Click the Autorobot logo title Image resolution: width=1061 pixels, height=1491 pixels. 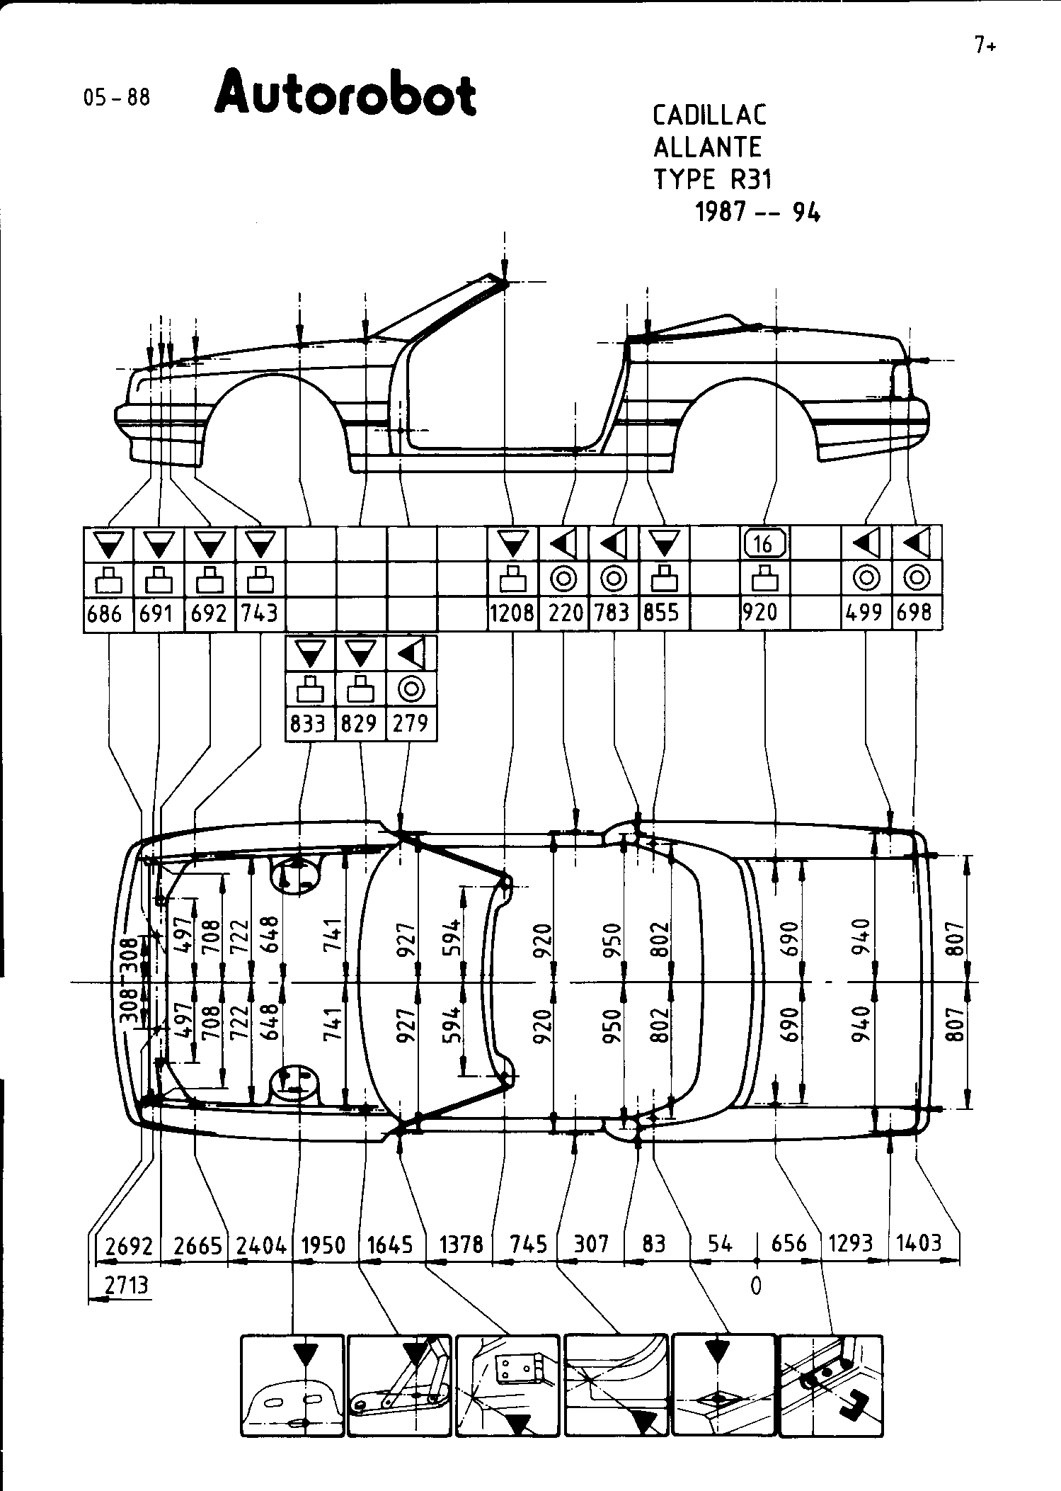coord(345,93)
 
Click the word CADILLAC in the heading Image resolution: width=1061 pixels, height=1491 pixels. coord(710,115)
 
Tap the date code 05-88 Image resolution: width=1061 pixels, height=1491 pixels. coord(117,97)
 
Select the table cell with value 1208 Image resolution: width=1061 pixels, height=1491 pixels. coord(512,613)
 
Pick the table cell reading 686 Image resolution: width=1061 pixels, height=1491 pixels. coord(105,613)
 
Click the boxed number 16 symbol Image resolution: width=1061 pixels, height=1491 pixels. coord(764,544)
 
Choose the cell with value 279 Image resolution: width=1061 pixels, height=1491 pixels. coord(411,723)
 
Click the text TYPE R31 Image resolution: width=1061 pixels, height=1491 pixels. coord(713,180)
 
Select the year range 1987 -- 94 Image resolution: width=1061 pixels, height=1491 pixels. coord(757,212)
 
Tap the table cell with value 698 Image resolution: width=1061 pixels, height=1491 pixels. coord(916,613)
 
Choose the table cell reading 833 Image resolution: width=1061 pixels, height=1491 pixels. coord(310,723)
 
